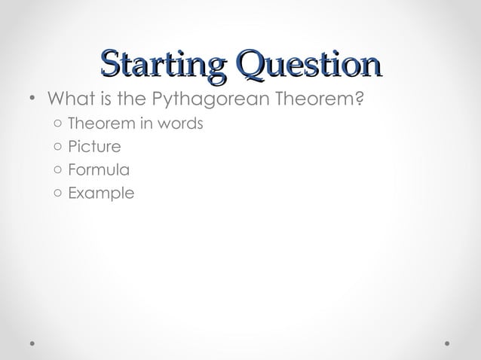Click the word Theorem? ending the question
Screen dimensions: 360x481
(322, 99)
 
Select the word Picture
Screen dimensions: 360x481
(93, 146)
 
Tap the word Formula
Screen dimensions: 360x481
(98, 169)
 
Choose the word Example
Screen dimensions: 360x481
(101, 194)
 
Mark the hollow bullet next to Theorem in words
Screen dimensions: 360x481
(58, 124)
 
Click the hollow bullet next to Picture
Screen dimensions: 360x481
(58, 147)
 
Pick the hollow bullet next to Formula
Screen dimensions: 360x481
(58, 170)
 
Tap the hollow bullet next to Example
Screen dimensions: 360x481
(58, 194)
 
